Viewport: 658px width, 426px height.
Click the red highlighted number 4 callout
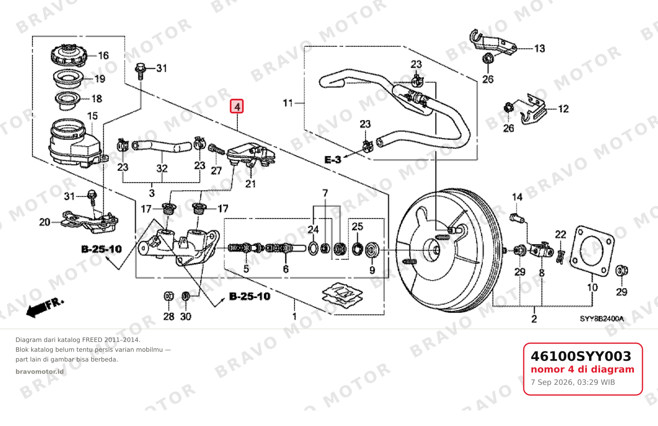236,106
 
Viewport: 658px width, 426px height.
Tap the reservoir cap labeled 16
69,55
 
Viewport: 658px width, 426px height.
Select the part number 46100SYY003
581,356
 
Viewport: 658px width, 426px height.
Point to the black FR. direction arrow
44,308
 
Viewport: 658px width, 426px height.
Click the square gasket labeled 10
591,251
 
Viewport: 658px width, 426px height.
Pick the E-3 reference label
333,160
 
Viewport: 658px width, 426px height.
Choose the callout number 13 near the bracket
539,49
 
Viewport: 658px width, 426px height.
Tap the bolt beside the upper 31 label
140,71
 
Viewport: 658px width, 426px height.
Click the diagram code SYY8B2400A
602,319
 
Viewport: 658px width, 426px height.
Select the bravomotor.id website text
40,372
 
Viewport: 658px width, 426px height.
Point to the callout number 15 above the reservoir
93,116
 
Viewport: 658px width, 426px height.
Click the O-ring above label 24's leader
313,248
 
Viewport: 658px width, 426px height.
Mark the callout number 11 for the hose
288,103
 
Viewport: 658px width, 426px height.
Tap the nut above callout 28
169,296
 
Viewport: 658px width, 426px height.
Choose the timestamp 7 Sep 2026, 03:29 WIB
573,382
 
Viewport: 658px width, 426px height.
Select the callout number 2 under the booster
534,319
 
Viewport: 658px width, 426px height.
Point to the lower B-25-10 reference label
249,296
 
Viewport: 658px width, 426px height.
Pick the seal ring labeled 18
68,100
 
